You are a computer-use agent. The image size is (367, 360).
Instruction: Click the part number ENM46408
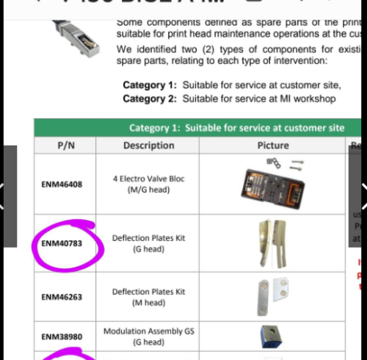(62, 184)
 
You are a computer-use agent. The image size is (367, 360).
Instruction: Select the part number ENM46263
(62, 297)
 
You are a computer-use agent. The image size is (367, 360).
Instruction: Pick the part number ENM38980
(62, 336)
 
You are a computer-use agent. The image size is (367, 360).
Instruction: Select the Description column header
(149, 145)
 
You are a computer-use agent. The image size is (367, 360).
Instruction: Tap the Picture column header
(273, 145)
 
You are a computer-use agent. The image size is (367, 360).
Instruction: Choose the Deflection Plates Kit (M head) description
(149, 297)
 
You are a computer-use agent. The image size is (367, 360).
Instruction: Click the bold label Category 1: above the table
(150, 85)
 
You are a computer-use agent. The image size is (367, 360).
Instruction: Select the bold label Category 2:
(150, 98)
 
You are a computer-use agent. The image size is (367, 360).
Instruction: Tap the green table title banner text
(236, 128)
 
